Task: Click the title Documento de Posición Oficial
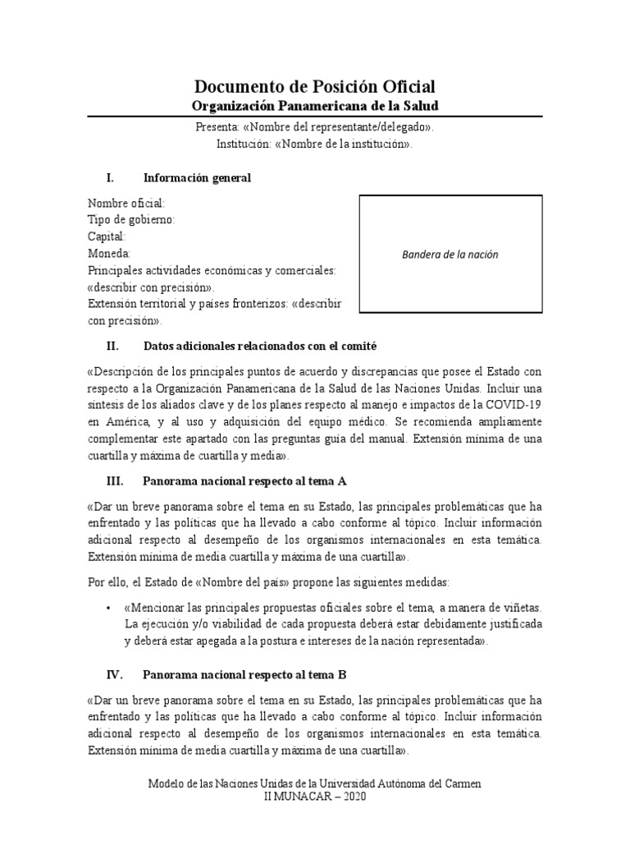[314, 87]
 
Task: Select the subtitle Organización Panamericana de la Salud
[314, 106]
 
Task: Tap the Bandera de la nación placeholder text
[450, 255]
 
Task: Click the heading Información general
[197, 178]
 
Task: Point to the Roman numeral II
[114, 346]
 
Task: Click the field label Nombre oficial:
[126, 202]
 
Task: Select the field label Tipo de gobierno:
[131, 219]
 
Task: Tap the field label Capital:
[106, 237]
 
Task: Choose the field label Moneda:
[108, 254]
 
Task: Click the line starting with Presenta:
[314, 127]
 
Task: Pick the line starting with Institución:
[314, 144]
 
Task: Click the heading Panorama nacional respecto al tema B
[244, 674]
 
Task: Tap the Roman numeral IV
[115, 674]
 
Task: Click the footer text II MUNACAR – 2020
[314, 797]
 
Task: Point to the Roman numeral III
[116, 480]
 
